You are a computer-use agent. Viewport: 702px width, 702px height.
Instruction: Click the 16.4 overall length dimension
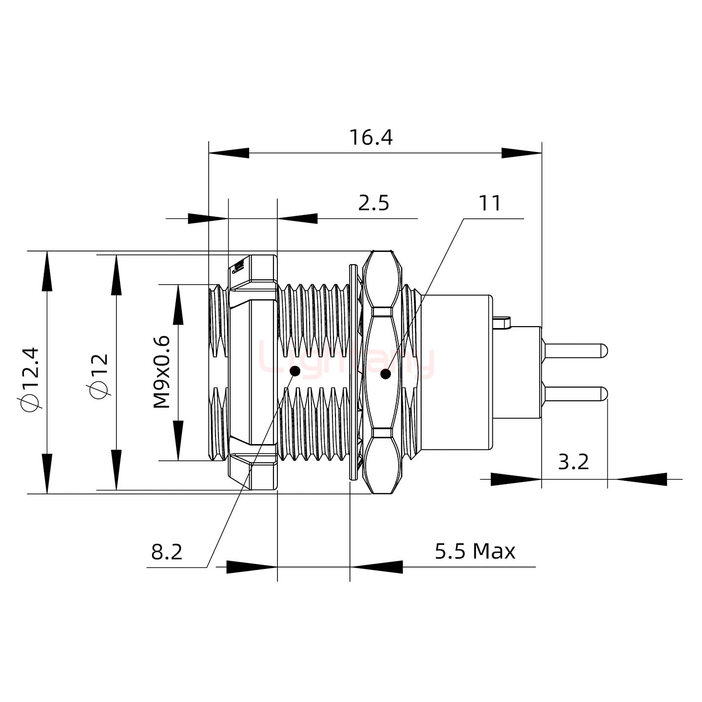[370, 138]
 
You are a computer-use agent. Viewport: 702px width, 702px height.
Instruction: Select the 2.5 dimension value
[373, 203]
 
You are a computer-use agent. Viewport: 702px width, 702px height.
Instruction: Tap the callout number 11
[490, 203]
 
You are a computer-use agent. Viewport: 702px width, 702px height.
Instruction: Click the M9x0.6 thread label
[162, 372]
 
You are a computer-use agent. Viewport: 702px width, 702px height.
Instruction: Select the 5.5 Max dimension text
[475, 551]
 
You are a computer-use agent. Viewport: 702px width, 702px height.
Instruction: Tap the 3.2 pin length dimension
[573, 462]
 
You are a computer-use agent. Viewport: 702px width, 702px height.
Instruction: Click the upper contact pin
[575, 351]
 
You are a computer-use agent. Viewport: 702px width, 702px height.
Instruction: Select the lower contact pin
[575, 393]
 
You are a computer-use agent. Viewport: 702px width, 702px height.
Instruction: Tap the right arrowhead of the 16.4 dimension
[522, 153]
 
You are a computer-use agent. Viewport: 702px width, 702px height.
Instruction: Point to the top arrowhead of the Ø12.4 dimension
[47, 271]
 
